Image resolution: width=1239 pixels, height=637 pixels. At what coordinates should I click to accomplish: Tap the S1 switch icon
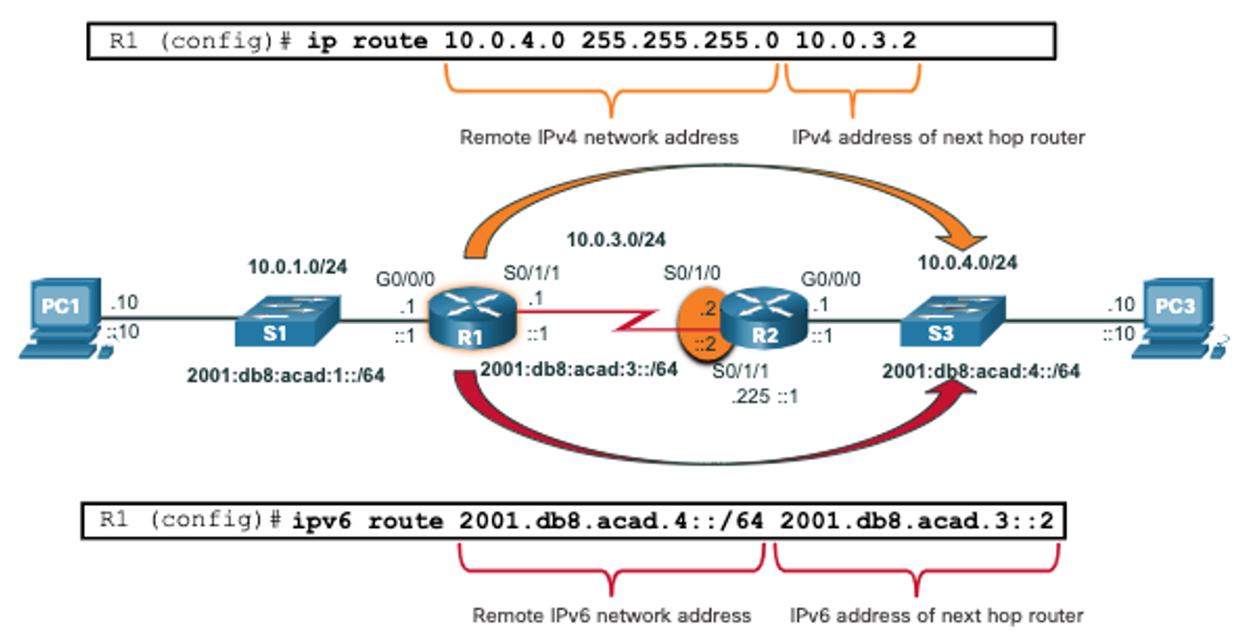click(288, 321)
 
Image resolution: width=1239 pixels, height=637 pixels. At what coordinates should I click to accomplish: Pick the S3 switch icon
click(953, 321)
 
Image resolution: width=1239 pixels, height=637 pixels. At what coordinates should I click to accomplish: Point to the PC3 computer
click(1178, 318)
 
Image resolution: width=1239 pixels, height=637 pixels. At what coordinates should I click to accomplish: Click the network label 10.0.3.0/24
click(616, 239)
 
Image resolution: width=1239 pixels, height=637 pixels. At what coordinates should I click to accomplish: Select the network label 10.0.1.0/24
click(297, 267)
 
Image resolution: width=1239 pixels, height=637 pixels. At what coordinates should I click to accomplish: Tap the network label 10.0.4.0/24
click(967, 262)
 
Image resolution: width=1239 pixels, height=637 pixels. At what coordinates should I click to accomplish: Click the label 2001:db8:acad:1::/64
click(285, 375)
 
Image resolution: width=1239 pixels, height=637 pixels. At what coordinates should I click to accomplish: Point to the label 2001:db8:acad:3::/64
click(579, 369)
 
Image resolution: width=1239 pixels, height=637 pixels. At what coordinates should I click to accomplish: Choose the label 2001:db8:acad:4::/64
click(981, 370)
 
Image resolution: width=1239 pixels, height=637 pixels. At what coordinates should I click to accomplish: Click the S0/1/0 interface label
click(692, 273)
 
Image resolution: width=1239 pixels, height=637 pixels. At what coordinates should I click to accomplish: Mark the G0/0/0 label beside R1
click(405, 278)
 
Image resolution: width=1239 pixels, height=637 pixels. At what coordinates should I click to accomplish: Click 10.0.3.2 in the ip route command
click(856, 40)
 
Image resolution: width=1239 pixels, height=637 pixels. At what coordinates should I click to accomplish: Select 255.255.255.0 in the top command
click(680, 40)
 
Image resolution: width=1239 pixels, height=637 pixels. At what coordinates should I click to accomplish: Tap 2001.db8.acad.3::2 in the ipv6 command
click(917, 520)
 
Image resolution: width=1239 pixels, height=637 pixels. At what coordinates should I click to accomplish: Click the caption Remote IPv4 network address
click(599, 136)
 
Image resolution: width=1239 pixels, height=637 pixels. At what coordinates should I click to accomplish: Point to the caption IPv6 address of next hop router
click(936, 615)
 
